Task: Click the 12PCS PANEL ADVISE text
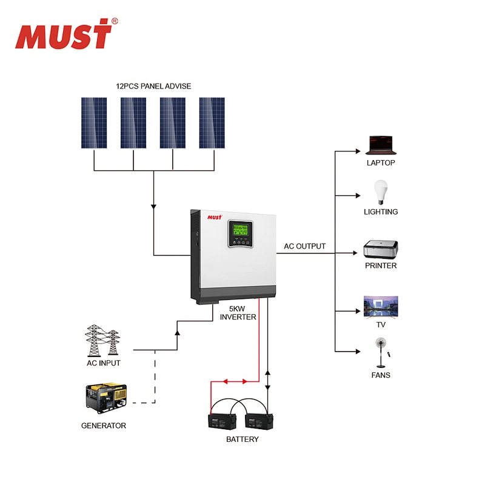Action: pyautogui.click(x=153, y=86)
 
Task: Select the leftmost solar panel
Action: pyautogui.click(x=95, y=123)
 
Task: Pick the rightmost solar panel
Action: pyautogui.click(x=212, y=123)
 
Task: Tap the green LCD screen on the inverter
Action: pyautogui.click(x=240, y=230)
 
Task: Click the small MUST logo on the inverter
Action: pyautogui.click(x=216, y=216)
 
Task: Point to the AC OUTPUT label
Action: pyautogui.click(x=304, y=246)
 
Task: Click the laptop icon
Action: pyautogui.click(x=381, y=145)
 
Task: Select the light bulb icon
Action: pyautogui.click(x=381, y=192)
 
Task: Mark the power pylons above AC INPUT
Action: pyautogui.click(x=102, y=341)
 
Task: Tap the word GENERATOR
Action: pyautogui.click(x=104, y=426)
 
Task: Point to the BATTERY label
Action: pyautogui.click(x=242, y=439)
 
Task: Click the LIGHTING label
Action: pyautogui.click(x=381, y=212)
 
